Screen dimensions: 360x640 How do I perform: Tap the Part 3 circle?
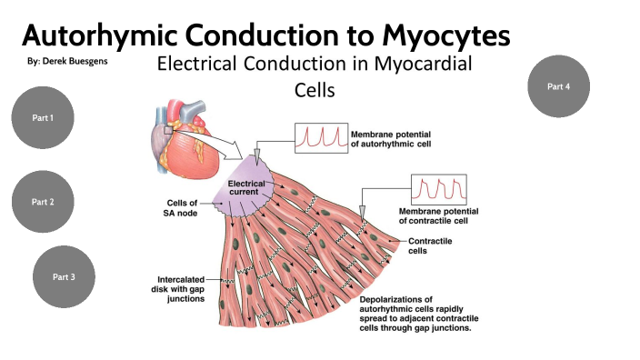coord(64,275)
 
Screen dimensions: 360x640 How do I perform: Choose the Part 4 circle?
coord(559,86)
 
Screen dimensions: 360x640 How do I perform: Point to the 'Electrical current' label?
coord(245,189)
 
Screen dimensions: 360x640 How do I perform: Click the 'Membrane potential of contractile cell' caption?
coord(445,216)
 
